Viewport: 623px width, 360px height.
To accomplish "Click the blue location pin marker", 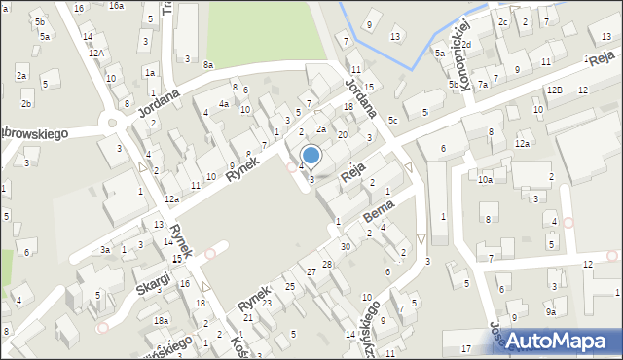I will [311, 156].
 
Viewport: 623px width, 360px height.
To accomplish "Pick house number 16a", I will [116, 6].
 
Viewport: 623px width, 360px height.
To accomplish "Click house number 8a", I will [208, 64].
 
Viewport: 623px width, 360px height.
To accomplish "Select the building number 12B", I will [554, 90].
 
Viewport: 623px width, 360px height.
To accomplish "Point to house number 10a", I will [485, 179].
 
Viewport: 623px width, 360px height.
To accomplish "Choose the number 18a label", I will [161, 320].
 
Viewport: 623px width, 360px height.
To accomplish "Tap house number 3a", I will [104, 250].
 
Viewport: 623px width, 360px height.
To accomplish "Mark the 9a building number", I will [550, 312].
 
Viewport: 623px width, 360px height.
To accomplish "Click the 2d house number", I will [521, 45].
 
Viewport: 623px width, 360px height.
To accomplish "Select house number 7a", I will [482, 85].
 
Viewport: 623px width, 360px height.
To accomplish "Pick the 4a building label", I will [224, 103].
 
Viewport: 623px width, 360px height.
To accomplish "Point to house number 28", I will [327, 265].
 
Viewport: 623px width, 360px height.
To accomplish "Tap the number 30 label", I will [345, 246].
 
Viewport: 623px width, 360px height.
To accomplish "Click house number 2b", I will [26, 103].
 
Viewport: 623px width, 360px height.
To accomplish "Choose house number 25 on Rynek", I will [290, 286].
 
